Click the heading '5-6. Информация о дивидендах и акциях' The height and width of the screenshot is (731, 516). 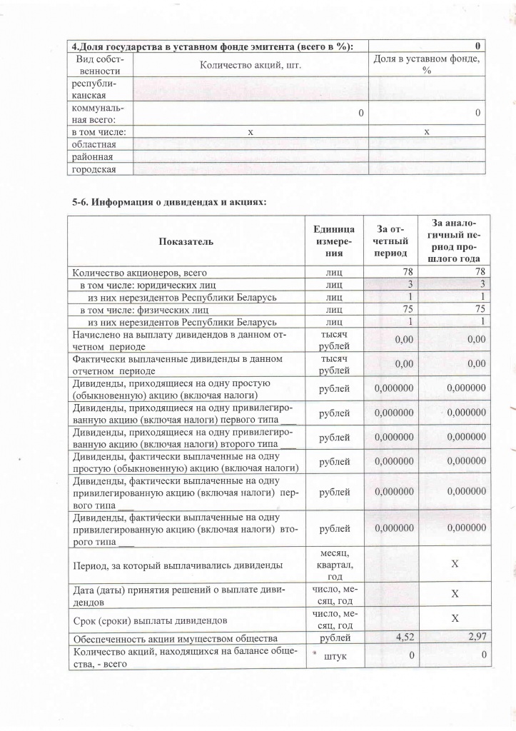[x=169, y=202]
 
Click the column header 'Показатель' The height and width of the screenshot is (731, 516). [x=186, y=241]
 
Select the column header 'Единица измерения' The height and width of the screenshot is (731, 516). [x=333, y=241]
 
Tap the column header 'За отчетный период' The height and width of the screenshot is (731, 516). [x=392, y=241]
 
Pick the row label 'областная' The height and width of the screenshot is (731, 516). [x=91, y=144]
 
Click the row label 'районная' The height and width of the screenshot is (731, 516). [x=89, y=156]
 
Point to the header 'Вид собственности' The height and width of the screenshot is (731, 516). [x=100, y=65]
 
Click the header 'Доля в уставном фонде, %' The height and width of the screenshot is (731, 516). [x=427, y=65]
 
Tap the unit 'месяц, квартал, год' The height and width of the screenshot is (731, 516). [x=333, y=565]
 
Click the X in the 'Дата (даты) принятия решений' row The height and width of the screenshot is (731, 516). [x=454, y=593]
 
